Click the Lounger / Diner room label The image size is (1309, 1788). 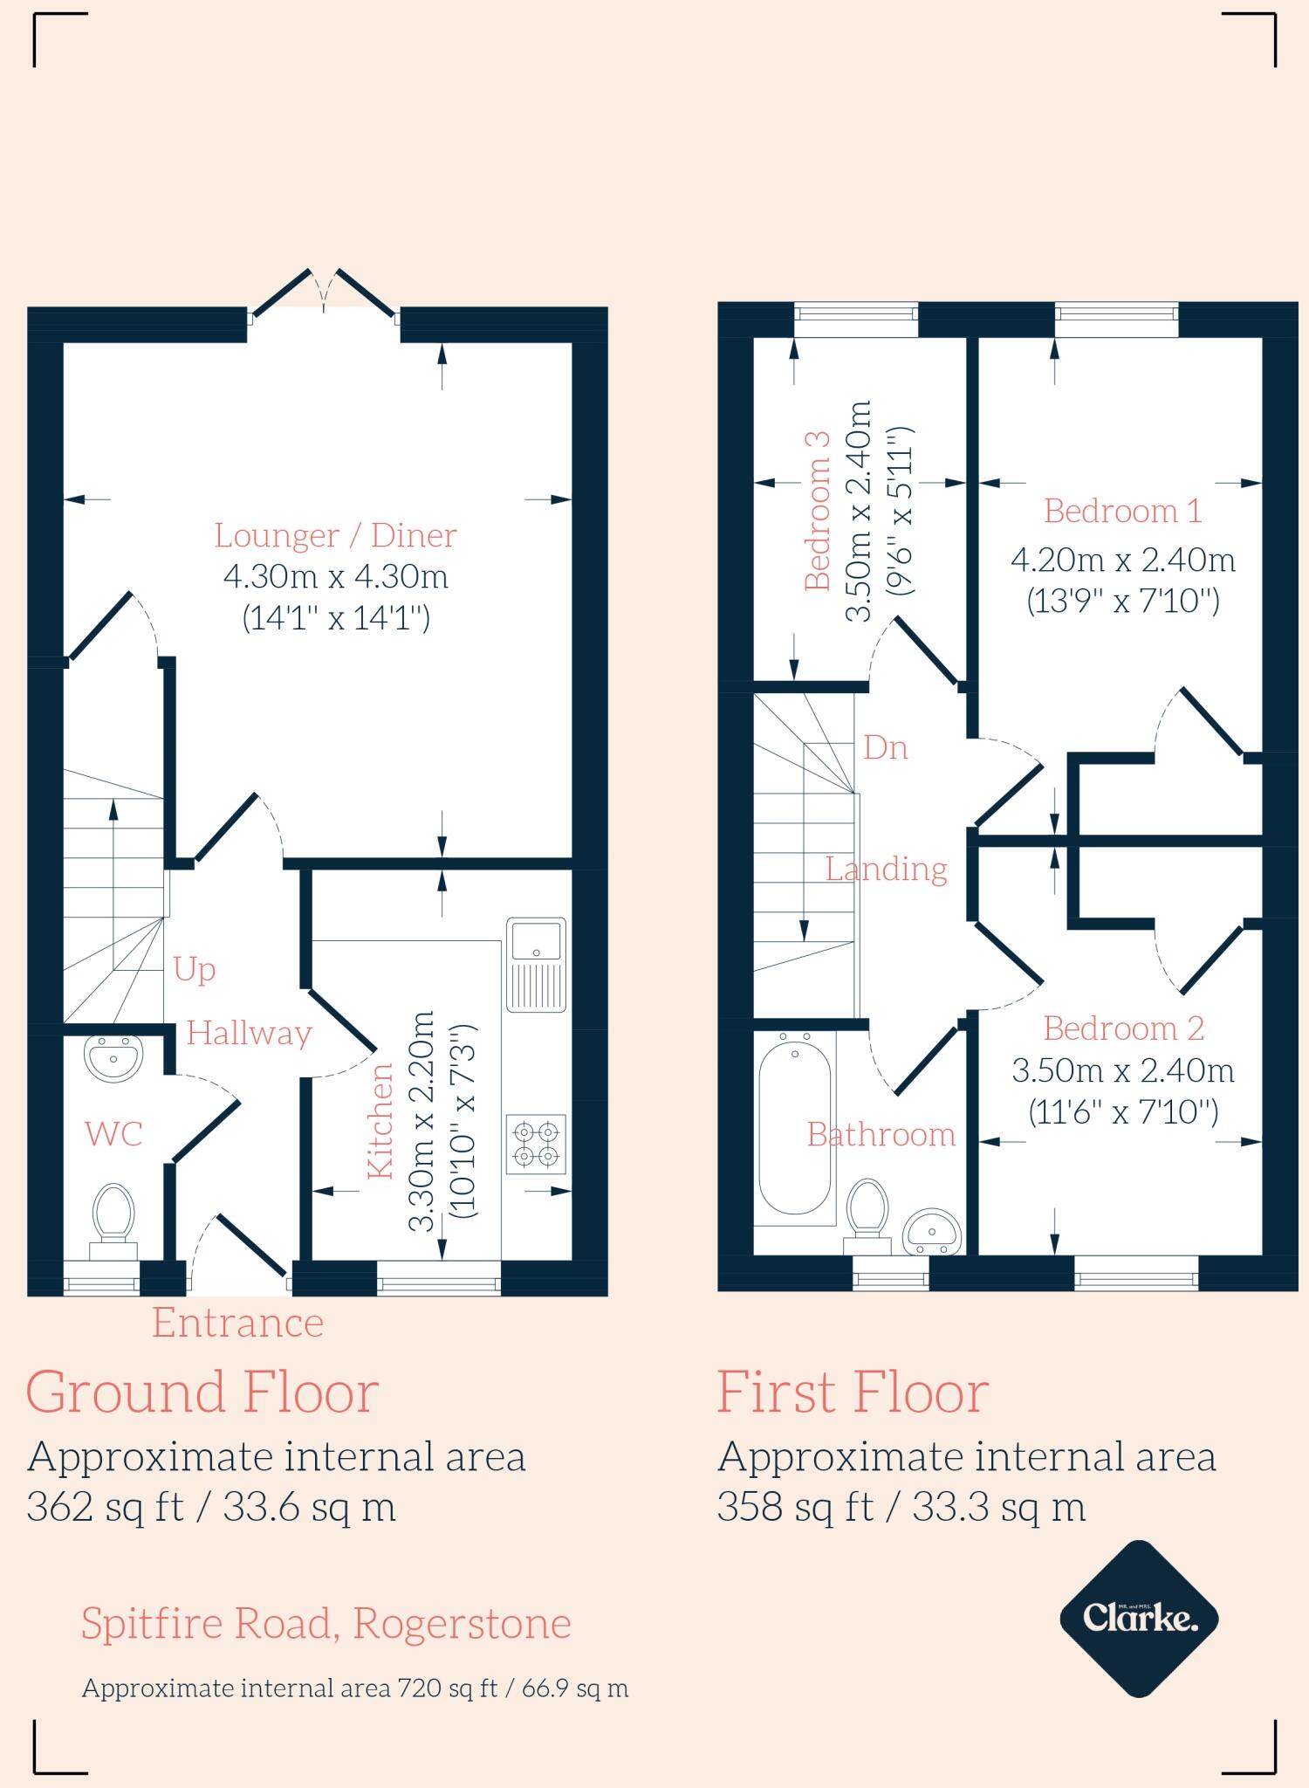[336, 535]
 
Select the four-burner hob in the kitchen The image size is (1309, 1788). [536, 1144]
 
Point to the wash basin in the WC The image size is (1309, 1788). [113, 1059]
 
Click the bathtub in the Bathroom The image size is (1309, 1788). [795, 1127]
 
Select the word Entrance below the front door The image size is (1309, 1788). [237, 1323]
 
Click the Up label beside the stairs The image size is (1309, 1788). [194, 969]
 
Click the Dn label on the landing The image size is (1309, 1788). [885, 747]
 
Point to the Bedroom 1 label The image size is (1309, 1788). [1122, 511]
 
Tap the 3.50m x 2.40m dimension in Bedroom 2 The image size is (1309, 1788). [1122, 1070]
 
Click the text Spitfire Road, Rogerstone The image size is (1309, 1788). [326, 1624]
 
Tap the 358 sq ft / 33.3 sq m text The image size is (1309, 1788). [901, 1507]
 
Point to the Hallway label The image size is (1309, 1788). [249, 1034]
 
